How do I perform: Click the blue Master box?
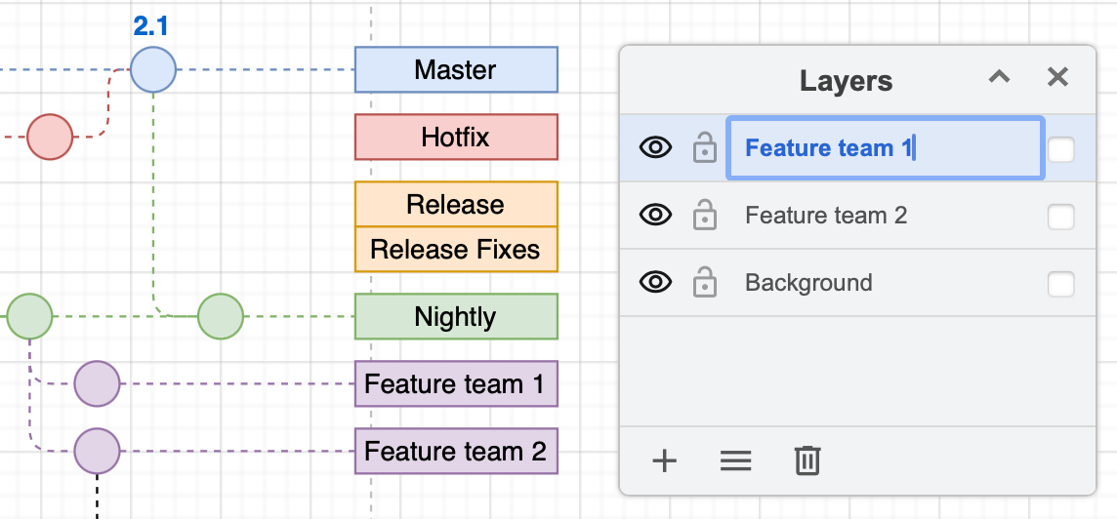point(456,70)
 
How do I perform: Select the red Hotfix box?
point(456,138)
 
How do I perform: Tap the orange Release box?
point(456,205)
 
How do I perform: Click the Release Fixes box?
point(456,250)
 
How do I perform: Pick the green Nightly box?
point(456,317)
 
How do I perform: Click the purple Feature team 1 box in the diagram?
point(456,384)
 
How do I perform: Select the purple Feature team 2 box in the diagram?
point(456,452)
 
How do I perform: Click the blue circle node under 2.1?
point(153,70)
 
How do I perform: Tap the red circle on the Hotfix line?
point(50,138)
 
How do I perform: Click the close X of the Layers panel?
point(1057,78)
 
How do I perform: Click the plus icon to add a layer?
point(664,460)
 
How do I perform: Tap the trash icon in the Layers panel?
point(807,460)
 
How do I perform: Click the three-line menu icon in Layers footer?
point(735,460)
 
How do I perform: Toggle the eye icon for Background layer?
point(655,283)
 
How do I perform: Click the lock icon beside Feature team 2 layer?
point(704,217)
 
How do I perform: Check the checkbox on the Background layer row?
point(1060,284)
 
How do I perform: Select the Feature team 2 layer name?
point(826,216)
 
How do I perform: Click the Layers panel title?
point(846,81)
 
